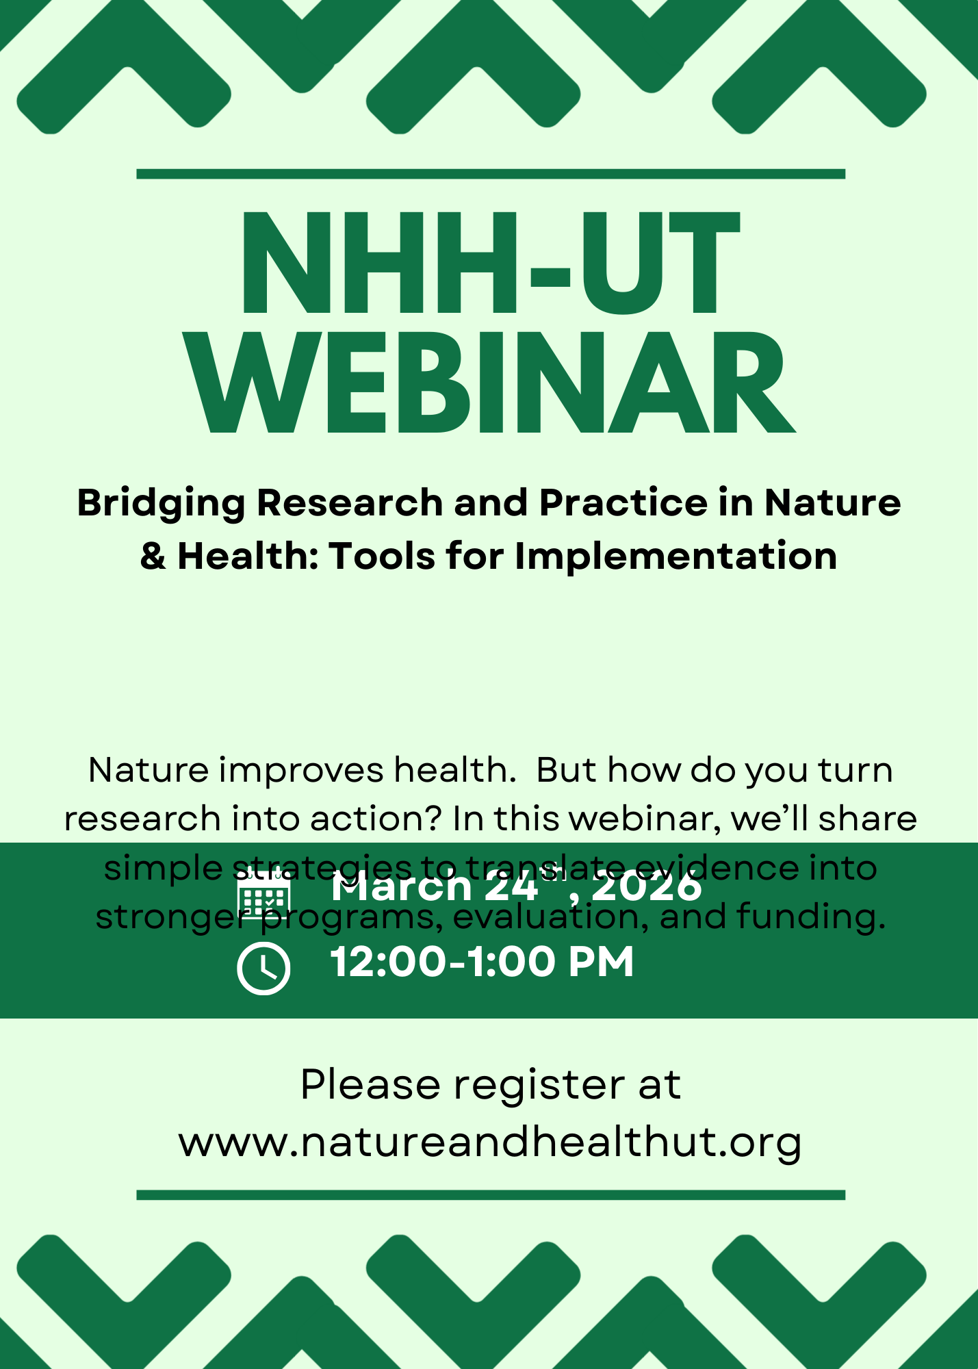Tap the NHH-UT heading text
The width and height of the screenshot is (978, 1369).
[489, 264]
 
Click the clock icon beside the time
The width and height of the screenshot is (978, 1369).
[263, 968]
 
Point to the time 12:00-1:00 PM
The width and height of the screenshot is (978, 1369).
[482, 962]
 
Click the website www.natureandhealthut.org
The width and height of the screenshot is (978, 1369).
[490, 1142]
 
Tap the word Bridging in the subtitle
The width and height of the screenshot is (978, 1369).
[161, 503]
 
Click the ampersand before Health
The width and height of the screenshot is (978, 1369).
[153, 556]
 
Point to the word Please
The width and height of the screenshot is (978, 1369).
[370, 1085]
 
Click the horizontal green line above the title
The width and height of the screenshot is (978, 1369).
[491, 174]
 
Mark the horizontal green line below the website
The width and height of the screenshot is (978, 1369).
[491, 1195]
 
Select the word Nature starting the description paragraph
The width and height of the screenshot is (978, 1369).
[149, 770]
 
